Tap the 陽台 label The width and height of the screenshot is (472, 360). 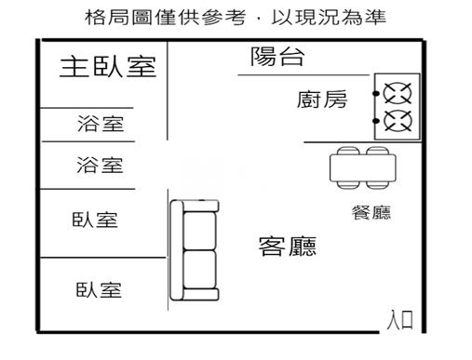[277, 57]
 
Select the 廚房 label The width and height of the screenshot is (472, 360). [323, 99]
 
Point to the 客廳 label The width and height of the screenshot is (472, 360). [287, 247]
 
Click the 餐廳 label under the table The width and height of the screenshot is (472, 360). [371, 213]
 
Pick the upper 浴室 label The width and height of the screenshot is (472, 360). [100, 124]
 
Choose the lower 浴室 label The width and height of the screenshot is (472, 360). [100, 166]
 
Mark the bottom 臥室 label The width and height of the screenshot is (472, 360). [98, 290]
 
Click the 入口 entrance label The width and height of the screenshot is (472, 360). [400, 322]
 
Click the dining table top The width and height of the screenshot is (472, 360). [363, 168]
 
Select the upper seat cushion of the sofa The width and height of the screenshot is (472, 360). [199, 226]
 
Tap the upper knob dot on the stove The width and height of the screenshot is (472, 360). [377, 93]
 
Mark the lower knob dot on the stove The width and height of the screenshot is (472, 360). [377, 119]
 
